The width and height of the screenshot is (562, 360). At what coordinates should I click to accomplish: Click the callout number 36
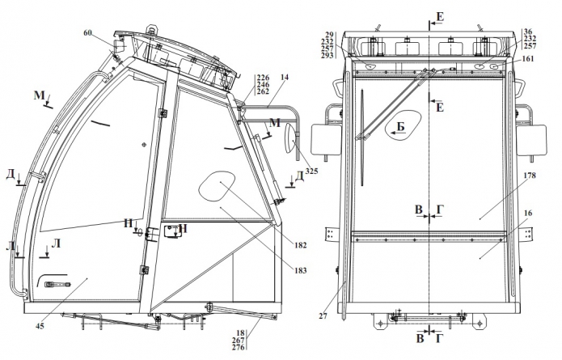[x=528, y=31]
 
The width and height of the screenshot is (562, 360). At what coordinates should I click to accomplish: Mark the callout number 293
[x=327, y=56]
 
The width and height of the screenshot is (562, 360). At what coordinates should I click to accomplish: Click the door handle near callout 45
[x=57, y=284]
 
